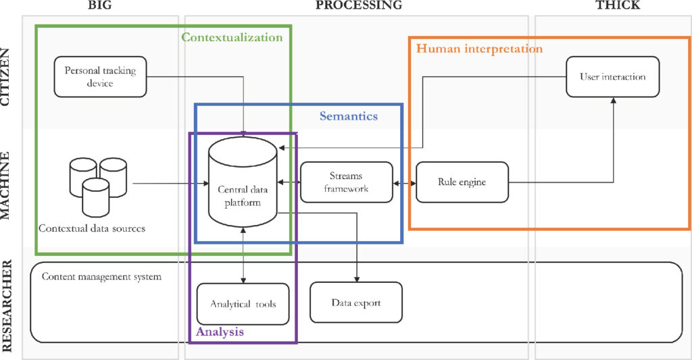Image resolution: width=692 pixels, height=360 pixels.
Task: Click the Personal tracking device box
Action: point(100,77)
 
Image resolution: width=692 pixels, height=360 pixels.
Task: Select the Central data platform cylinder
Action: point(243,182)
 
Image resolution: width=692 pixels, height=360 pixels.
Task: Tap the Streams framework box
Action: point(347,182)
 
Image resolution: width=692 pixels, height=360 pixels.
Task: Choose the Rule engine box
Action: point(462,182)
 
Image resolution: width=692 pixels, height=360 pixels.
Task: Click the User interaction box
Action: point(612,77)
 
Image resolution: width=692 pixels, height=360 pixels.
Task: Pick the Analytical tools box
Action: point(243,304)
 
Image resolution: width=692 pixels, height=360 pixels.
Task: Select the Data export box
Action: point(356,303)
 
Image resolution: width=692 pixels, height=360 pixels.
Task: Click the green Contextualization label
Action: point(232,37)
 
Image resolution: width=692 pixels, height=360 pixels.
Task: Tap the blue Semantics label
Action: point(349,116)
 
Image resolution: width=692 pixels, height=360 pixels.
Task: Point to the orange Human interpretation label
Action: point(479,49)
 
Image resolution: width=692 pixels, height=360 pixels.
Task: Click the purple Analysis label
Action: point(220,332)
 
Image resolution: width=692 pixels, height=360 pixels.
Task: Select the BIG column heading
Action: point(100,5)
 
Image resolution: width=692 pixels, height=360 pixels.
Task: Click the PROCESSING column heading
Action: point(359,5)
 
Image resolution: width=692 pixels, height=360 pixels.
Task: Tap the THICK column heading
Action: point(618,5)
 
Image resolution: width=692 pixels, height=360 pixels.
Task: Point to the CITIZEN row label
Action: point(5,77)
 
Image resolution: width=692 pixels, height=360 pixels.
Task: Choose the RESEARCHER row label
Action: point(5,306)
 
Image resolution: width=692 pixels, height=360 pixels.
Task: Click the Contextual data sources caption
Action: point(92,228)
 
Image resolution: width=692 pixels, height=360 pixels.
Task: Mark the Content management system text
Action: point(101,277)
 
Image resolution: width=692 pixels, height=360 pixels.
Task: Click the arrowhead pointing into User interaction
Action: point(613,101)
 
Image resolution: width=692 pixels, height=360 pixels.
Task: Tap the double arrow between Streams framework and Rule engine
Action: point(404,182)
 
